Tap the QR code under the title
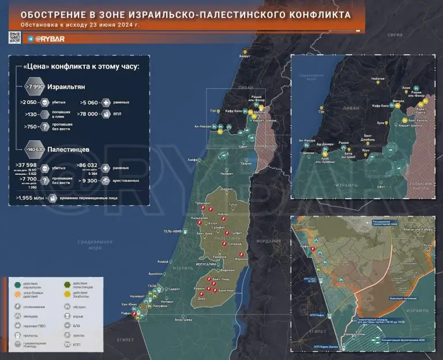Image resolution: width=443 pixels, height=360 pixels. pos(14,38)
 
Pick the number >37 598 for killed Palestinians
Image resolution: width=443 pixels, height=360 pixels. pos(27,165)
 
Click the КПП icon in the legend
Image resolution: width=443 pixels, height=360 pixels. pos(68,344)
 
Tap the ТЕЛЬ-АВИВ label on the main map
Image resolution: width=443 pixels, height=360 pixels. pos(174,231)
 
